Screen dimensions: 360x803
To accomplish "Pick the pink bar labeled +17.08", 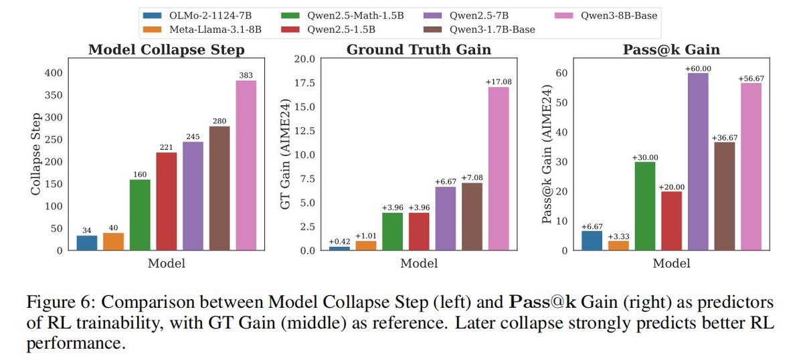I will pos(499,169).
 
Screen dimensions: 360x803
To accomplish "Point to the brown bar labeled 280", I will pos(219,188).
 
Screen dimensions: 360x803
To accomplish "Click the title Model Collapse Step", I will pos(166,50).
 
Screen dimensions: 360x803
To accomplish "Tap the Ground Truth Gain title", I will pos(418,50).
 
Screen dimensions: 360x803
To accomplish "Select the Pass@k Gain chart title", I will pos(671,50).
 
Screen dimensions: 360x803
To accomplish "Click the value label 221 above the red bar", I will pos(167,147).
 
